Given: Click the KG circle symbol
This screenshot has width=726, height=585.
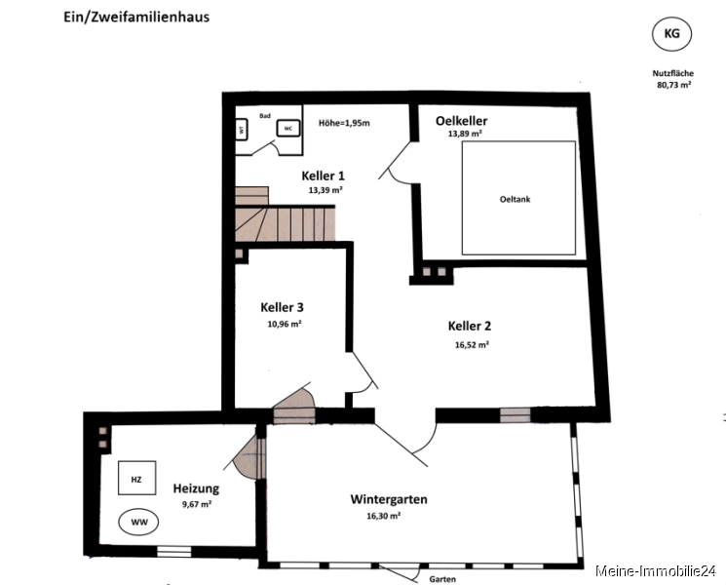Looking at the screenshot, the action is coord(671,34).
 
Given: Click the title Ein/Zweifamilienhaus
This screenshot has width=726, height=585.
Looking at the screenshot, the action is coord(136,18).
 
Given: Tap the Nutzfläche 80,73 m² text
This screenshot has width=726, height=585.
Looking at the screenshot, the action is coord(673,79).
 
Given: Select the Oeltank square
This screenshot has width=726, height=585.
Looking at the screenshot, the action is coord(518,198).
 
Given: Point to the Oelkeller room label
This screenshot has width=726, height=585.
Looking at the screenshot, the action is coord(461,121).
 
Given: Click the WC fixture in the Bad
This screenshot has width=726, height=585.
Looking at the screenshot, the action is coord(288,129).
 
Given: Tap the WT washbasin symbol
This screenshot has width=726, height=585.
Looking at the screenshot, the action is coord(242,130).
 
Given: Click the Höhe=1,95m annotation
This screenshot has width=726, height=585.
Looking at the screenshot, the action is coord(344,123).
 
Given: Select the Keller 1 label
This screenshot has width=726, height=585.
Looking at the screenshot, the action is coord(323,176).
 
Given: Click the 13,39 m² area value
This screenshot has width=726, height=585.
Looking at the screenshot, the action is coord(325,190).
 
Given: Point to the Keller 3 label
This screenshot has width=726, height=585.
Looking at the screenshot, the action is coord(282,307).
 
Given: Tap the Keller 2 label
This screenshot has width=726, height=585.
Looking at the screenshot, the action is coord(470,326).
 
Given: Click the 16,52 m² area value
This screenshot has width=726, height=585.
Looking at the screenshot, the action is coord(473,345).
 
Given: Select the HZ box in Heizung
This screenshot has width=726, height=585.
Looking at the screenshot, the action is coord(136,478).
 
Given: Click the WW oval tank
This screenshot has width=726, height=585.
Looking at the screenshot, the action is coord(139,522).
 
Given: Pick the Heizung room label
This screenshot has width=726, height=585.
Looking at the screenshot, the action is coord(196,488).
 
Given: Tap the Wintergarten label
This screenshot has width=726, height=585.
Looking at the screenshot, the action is coord(389,499).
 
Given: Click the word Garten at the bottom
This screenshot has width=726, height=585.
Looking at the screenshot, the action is coord(442,579).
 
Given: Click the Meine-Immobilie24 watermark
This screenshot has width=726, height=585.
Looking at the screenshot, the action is coord(656,571).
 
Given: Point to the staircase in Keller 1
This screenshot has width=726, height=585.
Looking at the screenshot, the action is coord(285,214).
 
